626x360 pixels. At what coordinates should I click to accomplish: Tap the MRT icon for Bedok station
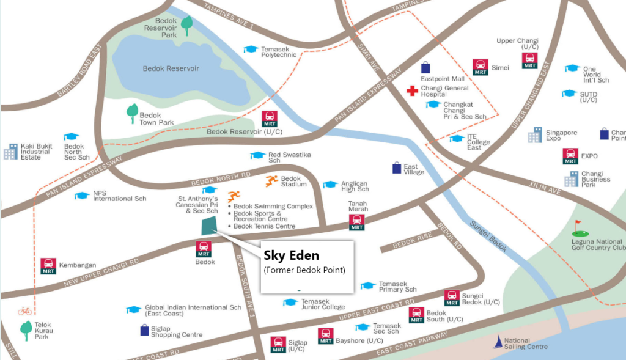[204, 249]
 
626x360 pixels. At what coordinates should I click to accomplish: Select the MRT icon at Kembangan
[48, 265]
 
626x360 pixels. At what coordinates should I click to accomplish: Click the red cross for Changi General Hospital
[413, 91]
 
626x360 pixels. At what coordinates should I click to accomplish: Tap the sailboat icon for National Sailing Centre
[499, 342]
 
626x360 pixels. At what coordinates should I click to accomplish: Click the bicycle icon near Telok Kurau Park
[24, 311]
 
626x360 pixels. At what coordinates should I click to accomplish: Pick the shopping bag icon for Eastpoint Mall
[425, 67]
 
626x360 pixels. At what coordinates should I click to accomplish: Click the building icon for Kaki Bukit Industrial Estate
[10, 151]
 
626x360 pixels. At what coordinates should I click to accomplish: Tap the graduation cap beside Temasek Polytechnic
[251, 50]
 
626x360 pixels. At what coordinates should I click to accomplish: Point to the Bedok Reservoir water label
[171, 68]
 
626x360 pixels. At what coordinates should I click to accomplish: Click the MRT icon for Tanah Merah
[357, 222]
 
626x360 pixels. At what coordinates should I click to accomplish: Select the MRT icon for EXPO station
[570, 156]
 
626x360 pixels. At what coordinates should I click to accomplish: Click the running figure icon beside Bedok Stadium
[272, 181]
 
